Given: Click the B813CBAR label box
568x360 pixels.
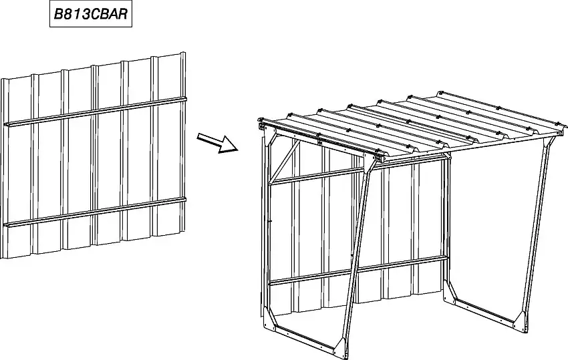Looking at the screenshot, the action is click(91, 14).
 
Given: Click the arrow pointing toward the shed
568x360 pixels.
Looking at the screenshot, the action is click(217, 142).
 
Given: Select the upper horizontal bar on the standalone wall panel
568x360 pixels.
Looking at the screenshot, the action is click(96, 111).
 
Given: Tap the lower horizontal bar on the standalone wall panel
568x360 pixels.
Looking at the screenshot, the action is click(96, 212).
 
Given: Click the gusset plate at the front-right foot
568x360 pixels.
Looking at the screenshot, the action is click(523, 321).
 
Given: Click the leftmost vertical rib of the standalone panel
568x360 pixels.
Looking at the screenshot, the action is click(5, 168).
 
